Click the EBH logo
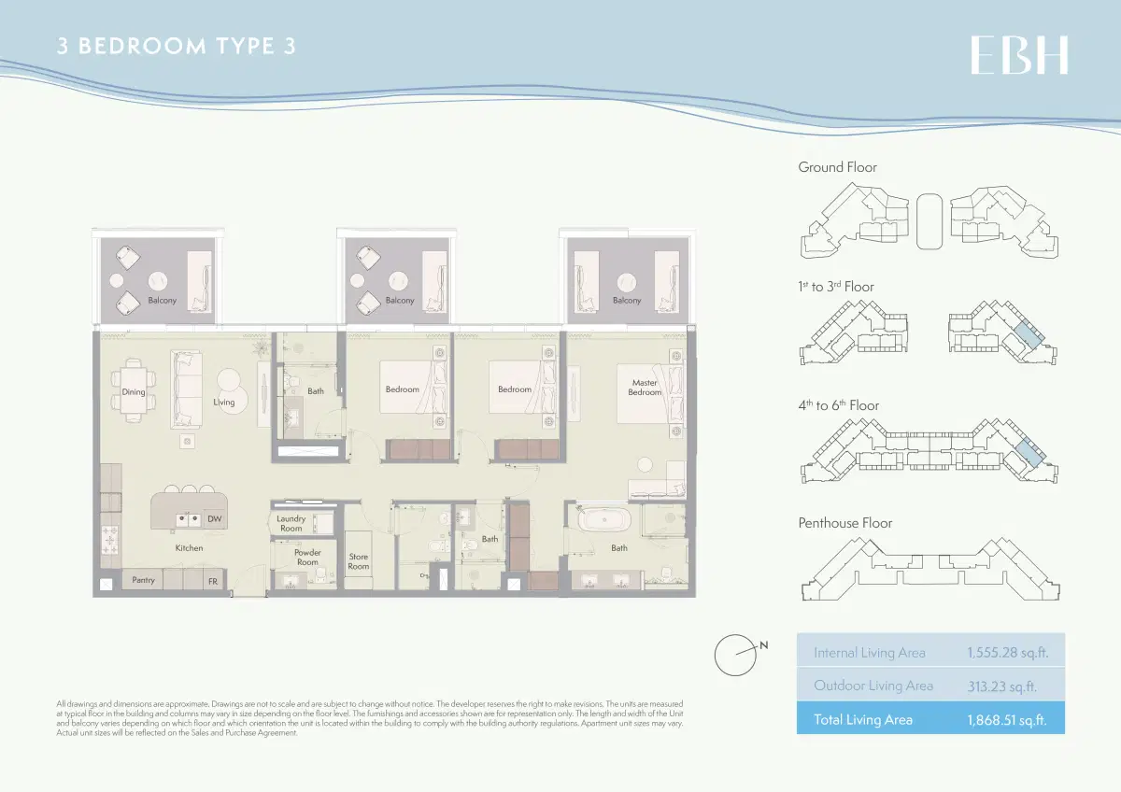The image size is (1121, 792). point(1018,55)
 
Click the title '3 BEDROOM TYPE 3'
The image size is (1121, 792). point(177,47)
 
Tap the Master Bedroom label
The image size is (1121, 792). point(645,388)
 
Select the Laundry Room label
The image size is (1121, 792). point(291,523)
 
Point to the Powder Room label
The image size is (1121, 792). point(307,558)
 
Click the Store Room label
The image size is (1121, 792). point(359,561)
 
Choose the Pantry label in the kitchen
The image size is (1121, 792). point(143,580)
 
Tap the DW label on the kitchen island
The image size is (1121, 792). point(214,519)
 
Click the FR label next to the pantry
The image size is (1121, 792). point(213,581)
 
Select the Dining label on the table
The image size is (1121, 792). point(134,392)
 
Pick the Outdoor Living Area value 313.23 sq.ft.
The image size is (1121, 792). point(1001,686)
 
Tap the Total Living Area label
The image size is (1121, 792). point(862,719)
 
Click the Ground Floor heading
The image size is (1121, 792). point(837,167)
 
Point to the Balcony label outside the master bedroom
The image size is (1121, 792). point(627,301)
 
